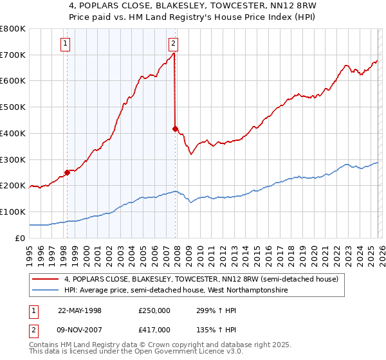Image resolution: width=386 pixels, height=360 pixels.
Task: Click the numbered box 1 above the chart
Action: pyautogui.click(x=66, y=44)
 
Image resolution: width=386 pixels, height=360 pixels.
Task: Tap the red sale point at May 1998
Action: pyautogui.click(x=67, y=172)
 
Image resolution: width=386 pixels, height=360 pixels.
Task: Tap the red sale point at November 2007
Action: pyautogui.click(x=175, y=129)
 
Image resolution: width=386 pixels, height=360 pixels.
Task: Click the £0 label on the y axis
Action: pyautogui.click(x=20, y=238)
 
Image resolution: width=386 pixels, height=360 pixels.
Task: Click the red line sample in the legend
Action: pyautogui.click(x=46, y=279)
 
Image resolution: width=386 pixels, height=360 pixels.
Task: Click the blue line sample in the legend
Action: pyautogui.click(x=46, y=291)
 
